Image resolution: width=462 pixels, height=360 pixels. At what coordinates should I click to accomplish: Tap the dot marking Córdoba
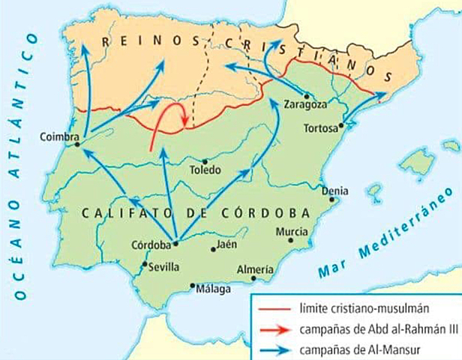tap(175, 242)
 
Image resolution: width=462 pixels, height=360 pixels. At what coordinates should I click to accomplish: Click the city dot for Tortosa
tap(342, 126)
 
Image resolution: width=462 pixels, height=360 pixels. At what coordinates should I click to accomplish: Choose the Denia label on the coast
tap(334, 190)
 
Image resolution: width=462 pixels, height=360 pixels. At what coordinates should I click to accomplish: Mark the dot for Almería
tap(254, 278)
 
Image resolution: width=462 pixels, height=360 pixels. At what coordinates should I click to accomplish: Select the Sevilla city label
tap(164, 266)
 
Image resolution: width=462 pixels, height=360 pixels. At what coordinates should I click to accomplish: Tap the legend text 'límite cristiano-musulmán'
tap(349, 308)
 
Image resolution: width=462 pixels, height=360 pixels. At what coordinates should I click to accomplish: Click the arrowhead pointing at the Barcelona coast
tap(381, 94)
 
